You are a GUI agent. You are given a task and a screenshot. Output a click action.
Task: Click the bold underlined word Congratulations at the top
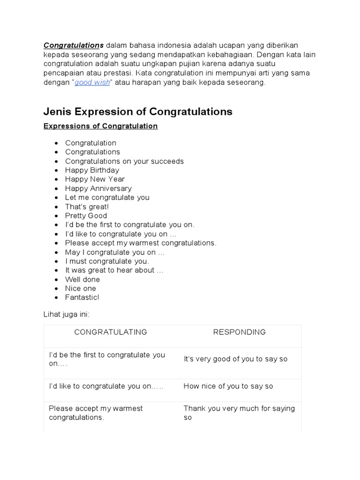[x=73, y=45]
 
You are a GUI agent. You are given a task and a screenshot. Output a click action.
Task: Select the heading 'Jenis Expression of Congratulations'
[x=138, y=112]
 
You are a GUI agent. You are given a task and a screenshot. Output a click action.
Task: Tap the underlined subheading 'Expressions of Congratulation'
[x=100, y=126]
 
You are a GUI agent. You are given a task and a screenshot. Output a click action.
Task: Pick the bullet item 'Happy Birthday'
[x=92, y=170]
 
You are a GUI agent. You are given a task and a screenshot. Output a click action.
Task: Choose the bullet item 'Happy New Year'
[x=95, y=179]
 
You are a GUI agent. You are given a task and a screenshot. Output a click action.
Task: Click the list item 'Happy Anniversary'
[x=98, y=188]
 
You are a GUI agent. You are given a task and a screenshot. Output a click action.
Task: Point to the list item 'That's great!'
[x=87, y=207]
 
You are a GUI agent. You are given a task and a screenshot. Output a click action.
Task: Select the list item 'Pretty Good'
[x=86, y=216]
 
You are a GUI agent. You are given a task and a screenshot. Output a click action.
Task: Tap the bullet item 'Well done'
[x=82, y=279]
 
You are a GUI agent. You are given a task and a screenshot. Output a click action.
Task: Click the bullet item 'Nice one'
[x=81, y=288]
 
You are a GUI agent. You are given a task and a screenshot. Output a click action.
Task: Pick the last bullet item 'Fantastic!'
[x=82, y=297]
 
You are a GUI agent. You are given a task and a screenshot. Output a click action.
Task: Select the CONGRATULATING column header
[x=111, y=332]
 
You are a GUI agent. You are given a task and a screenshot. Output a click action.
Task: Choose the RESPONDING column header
[x=240, y=332]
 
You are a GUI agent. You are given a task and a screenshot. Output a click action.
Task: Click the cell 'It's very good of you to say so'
[x=235, y=359]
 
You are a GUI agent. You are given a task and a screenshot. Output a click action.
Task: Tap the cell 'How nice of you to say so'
[x=228, y=386]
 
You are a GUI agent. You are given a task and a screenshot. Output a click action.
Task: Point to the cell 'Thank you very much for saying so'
[x=239, y=413]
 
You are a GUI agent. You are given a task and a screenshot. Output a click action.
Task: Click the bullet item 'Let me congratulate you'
[x=107, y=197]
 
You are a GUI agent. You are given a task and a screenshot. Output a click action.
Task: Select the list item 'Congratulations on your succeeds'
[x=124, y=161]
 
